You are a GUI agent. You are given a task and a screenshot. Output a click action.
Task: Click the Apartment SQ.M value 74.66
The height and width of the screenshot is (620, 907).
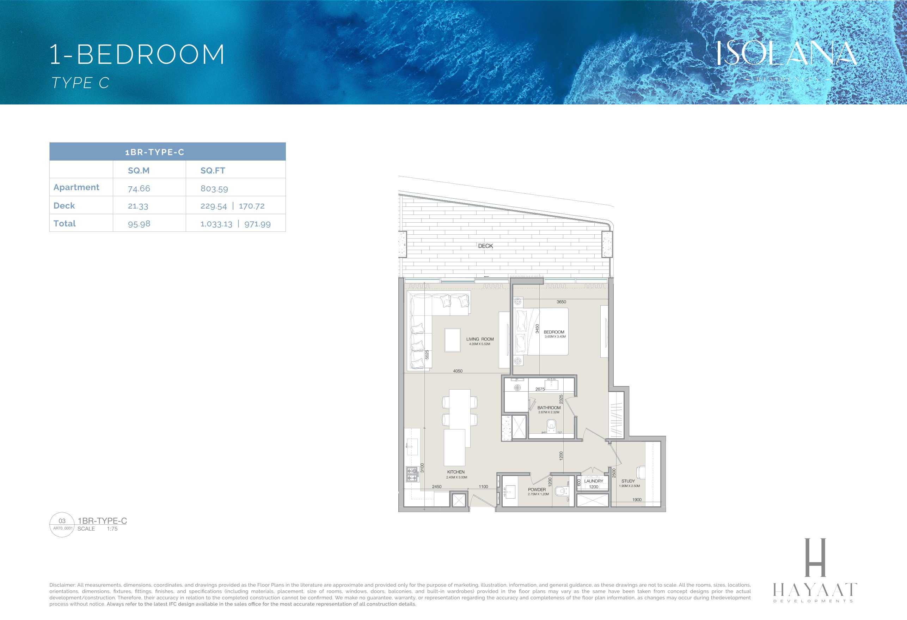point(139,188)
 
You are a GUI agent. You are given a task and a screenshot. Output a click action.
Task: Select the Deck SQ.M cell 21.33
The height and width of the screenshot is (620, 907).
point(138,206)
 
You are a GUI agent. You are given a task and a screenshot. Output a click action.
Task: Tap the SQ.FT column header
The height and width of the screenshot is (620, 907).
point(213,170)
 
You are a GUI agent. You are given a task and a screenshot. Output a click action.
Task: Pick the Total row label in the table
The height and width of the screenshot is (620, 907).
point(65,223)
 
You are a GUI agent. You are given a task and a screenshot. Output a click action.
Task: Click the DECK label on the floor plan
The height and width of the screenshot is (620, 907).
point(485,246)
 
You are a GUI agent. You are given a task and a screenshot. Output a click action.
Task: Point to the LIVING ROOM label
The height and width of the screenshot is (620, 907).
point(480,339)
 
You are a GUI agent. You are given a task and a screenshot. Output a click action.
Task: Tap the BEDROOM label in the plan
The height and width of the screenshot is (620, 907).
point(554,332)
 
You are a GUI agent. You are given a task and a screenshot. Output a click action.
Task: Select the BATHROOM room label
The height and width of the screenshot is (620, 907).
point(549,408)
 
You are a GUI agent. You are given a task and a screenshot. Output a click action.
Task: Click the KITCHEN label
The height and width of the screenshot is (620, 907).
point(456,472)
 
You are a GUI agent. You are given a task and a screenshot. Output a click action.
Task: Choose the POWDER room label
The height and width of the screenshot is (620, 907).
point(537,489)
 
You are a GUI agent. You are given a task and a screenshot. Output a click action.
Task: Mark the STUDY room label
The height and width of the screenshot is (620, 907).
point(628,481)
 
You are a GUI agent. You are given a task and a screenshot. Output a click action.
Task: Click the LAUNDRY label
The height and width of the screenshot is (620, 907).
point(593,481)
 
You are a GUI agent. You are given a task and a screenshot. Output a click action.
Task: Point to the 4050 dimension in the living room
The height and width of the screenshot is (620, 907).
point(458,371)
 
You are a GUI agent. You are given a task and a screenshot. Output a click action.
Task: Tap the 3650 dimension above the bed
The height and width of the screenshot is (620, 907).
point(561,302)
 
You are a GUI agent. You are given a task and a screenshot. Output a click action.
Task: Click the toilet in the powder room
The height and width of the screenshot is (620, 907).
point(561,491)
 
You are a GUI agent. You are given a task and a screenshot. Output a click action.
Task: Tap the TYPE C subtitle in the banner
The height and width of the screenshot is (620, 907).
point(80,83)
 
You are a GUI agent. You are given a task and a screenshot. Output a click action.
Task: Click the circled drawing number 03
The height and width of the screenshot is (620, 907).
point(62,521)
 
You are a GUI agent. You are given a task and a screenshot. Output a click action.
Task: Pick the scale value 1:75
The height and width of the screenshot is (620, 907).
point(112,529)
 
